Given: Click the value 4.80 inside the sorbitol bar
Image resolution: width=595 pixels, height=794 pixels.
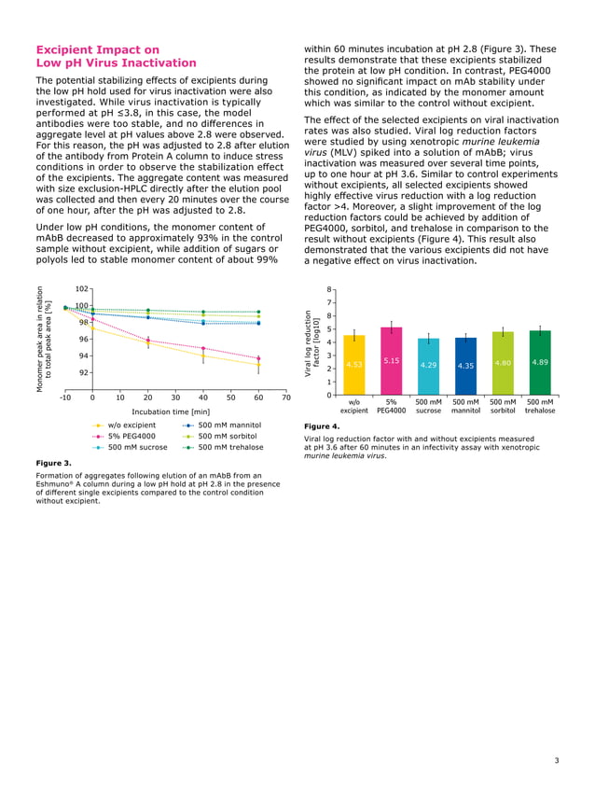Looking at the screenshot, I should (503, 362).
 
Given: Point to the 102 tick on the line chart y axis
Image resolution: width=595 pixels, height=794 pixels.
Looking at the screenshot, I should (82, 289).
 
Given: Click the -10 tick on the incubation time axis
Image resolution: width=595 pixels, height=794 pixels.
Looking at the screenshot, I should (65, 397).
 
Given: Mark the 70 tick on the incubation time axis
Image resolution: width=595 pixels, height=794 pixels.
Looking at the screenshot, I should (285, 397).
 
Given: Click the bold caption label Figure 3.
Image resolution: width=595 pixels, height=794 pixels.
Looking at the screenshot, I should (53, 461).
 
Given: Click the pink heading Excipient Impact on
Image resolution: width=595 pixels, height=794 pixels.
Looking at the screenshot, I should (97, 49).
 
